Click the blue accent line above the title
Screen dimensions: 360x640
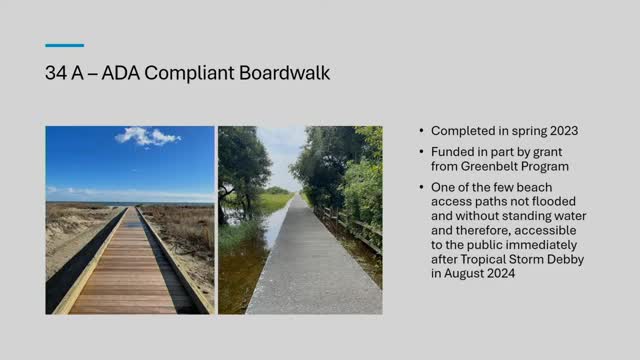pyautogui.click(x=65, y=45)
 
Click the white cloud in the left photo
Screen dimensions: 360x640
pyautogui.click(x=148, y=136)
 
